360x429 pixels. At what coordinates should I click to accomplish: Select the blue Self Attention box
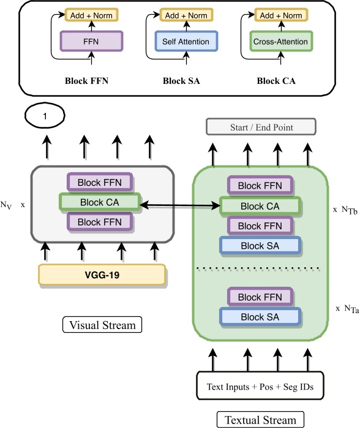coord(186,42)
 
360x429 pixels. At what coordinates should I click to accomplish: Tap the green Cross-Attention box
coord(280,42)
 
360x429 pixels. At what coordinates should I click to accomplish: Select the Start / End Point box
coord(261,127)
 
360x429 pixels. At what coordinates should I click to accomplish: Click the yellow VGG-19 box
coord(102,275)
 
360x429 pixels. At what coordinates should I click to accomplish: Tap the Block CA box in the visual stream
coord(99,202)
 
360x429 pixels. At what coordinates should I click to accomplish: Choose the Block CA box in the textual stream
coord(260,206)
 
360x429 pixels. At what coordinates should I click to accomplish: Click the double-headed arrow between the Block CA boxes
coord(180,204)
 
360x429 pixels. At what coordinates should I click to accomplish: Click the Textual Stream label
coord(260,420)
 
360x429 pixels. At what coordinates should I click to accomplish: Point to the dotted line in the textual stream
coord(260,268)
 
